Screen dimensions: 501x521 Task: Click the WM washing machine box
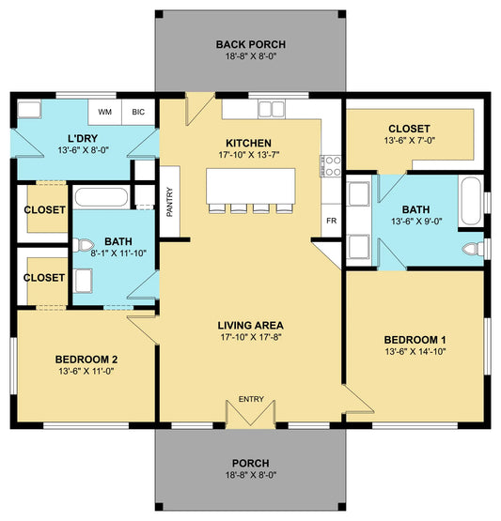point(104,112)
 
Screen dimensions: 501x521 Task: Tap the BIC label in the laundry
point(138,112)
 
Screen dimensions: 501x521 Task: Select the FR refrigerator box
point(332,221)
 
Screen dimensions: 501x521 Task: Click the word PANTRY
point(169,202)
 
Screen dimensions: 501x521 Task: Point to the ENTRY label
point(251,399)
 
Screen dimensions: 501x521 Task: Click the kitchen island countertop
point(251,187)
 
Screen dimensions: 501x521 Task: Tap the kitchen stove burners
point(331,166)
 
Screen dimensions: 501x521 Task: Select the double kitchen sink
point(272,109)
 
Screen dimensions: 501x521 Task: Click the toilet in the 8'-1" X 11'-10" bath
point(83,246)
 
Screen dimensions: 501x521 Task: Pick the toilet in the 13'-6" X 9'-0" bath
point(473,249)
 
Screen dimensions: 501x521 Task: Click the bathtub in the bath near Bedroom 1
point(471,201)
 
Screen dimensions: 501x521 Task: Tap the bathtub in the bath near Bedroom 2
point(102,197)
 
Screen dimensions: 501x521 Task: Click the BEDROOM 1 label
point(415,340)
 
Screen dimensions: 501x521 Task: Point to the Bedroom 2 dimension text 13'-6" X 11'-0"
point(86,371)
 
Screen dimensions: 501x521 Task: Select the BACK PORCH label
point(251,44)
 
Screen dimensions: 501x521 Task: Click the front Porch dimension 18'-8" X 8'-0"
point(251,475)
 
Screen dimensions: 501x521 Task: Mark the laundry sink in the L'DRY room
point(29,109)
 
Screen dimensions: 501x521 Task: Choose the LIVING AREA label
point(251,326)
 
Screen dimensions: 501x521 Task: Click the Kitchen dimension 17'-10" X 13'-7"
point(249,155)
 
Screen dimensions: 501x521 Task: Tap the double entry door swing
point(251,413)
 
